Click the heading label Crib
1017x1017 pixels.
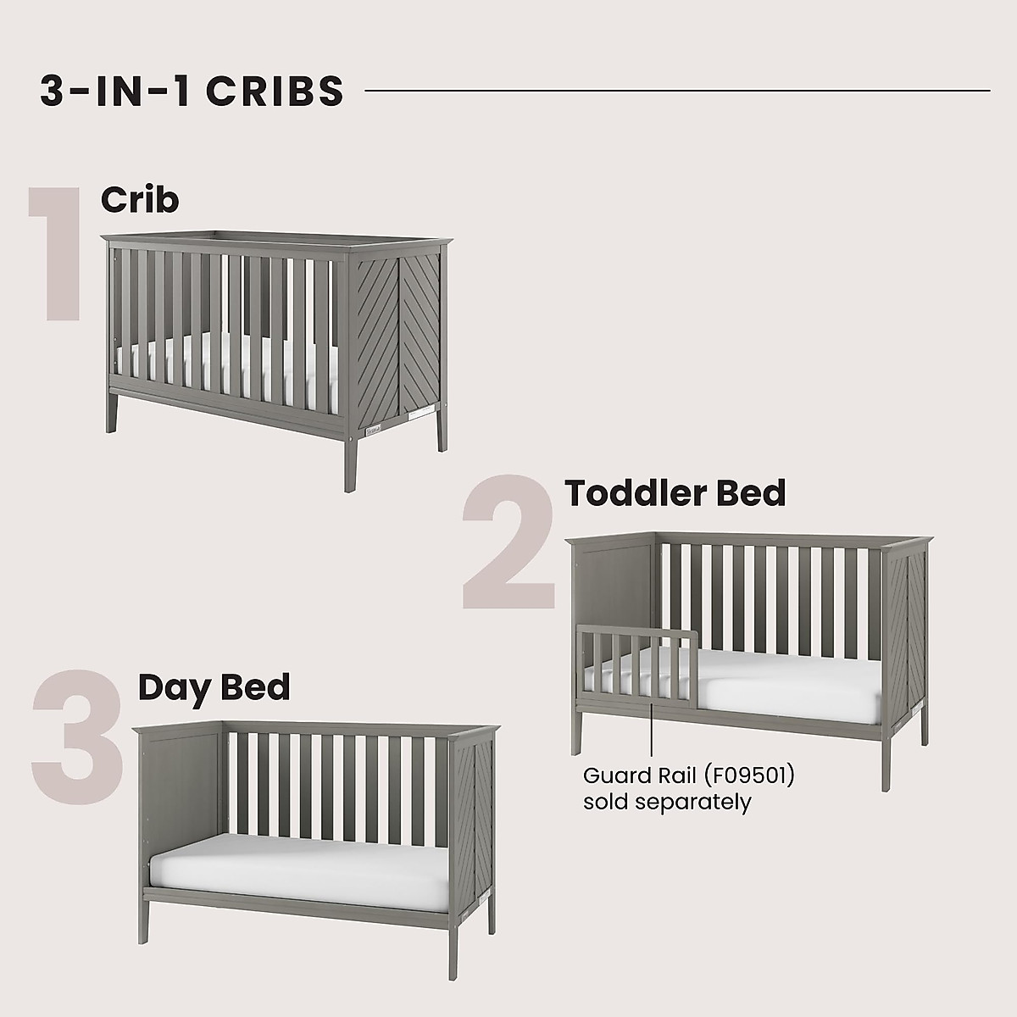[140, 200]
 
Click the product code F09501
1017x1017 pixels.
[750, 775]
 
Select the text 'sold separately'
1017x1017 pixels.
[667, 801]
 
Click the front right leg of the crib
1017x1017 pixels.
[349, 453]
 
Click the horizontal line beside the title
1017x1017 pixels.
[678, 90]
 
